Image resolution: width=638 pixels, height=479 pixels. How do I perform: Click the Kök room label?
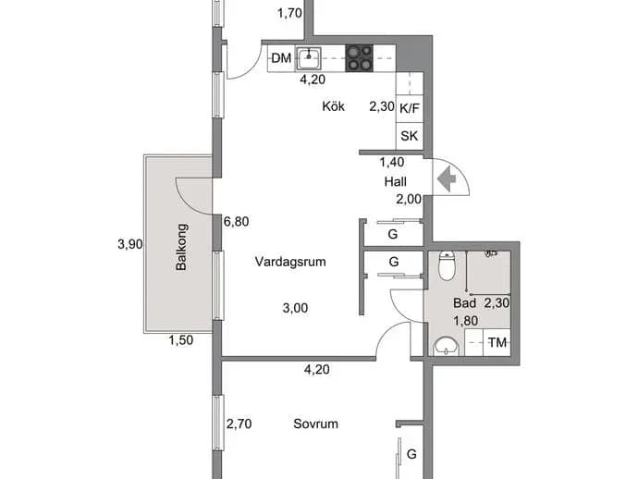333,106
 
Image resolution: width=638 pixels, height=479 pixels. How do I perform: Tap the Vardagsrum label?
290,262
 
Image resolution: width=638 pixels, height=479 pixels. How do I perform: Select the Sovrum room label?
315,424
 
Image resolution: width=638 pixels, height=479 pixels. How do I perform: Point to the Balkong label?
181,247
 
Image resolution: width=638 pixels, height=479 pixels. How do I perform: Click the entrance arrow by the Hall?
447,179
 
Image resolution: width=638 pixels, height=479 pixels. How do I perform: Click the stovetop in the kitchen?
360,58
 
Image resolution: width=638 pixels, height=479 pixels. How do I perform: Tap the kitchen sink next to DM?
309,58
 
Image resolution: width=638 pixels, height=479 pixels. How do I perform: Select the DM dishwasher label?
281,58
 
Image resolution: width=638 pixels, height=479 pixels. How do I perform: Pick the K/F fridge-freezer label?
410,109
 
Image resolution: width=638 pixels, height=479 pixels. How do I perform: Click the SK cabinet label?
409,136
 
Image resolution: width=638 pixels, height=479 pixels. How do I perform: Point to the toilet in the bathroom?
447,265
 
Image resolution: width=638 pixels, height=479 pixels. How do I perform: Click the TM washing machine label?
497,343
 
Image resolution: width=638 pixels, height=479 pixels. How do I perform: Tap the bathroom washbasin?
447,347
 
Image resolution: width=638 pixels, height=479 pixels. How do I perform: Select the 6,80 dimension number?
237,221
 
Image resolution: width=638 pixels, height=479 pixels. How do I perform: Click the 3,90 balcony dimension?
130,244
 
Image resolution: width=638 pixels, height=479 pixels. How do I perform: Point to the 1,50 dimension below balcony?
181,340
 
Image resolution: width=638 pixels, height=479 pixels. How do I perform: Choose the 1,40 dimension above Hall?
392,163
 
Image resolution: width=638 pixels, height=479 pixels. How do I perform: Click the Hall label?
396,181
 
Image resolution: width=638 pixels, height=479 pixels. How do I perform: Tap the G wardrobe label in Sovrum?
411,454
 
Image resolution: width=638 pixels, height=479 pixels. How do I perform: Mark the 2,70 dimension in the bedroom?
239,424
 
